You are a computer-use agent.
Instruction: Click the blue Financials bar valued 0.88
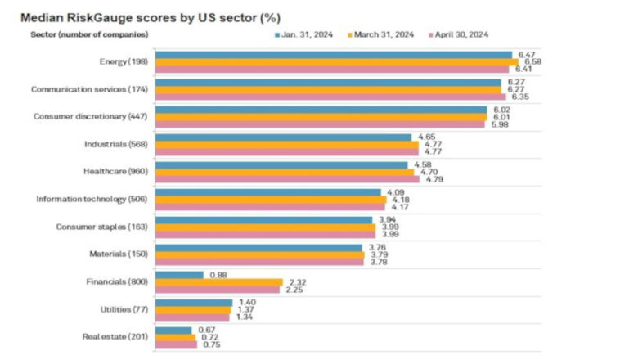click(x=179, y=275)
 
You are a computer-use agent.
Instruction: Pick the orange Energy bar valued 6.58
click(x=336, y=62)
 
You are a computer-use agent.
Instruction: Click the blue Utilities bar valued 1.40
click(x=194, y=302)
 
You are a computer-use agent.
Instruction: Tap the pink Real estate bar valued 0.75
click(x=176, y=344)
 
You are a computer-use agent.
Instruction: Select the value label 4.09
click(x=395, y=191)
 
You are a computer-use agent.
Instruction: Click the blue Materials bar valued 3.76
click(x=258, y=247)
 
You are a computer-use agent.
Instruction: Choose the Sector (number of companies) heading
click(x=89, y=34)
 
